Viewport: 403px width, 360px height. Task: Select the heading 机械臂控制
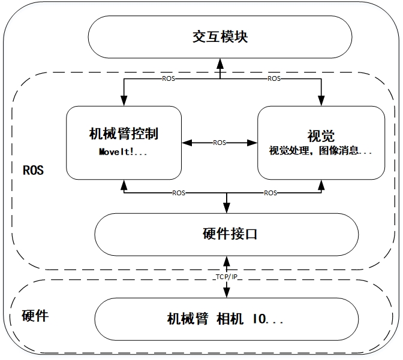pos(123,134)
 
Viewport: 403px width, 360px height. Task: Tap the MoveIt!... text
pos(123,152)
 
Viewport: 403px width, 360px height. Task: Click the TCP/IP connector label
pos(226,276)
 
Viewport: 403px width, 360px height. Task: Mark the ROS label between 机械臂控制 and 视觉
pos(219,143)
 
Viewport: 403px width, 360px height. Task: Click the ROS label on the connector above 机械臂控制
pos(170,78)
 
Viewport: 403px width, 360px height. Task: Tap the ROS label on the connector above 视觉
pos(273,78)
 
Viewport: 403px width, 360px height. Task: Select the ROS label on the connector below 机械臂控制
pos(179,193)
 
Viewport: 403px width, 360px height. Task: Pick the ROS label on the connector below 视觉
pos(270,193)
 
